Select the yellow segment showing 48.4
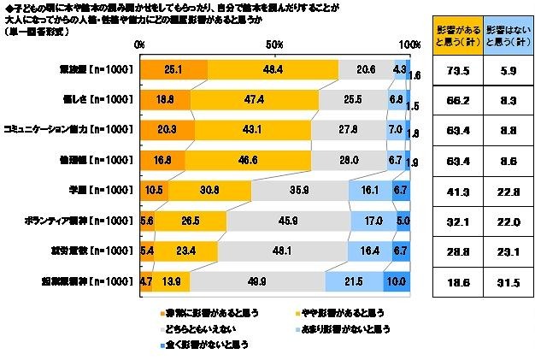coord(273,70)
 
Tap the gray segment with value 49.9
coord(257,280)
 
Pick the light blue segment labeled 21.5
coord(354,280)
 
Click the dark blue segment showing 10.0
coord(397,280)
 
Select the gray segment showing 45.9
coord(288,221)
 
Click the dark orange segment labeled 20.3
coord(167,130)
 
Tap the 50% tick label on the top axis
coord(274,44)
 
